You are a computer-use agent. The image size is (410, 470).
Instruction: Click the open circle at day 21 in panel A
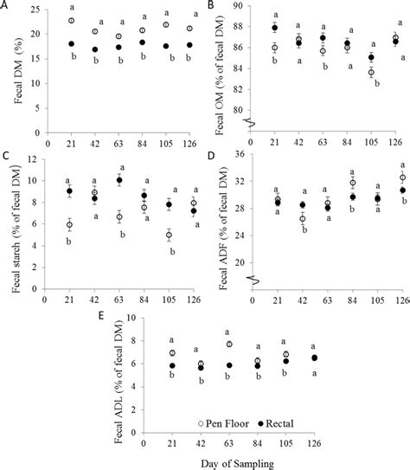[x=71, y=21]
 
